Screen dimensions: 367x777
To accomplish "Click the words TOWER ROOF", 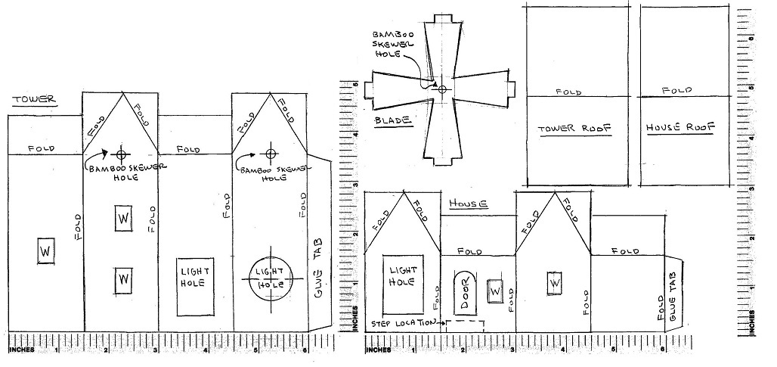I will tap(579, 128).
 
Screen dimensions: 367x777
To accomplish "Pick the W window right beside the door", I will tap(496, 291).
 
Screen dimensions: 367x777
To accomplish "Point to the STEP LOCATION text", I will tap(404, 323).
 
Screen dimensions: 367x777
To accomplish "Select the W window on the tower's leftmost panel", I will tap(45, 250).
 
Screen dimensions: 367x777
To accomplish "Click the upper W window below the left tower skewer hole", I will tap(123, 219).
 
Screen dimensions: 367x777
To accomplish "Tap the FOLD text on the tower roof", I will tap(568, 92).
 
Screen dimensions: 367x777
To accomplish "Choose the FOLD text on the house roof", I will tap(676, 90).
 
